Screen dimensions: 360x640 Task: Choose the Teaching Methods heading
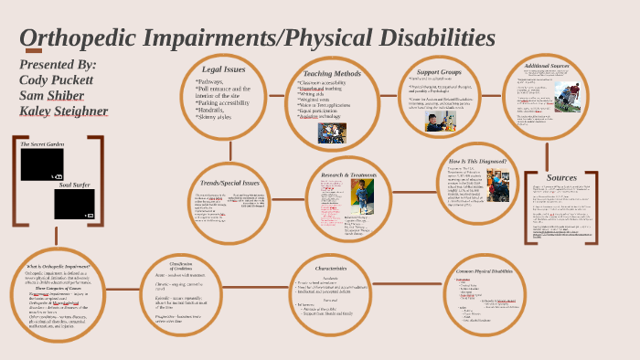click(332, 73)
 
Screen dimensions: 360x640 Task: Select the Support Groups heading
click(439, 72)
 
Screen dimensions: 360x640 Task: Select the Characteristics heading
click(331, 269)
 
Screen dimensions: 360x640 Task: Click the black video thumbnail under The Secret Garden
click(42, 164)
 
